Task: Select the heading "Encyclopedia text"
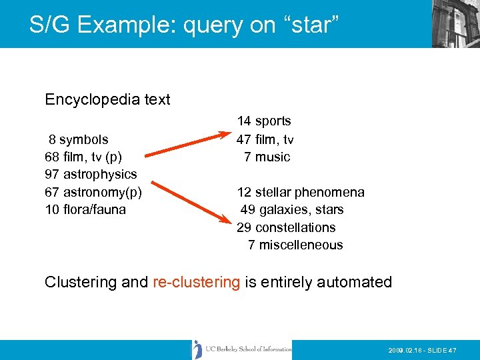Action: point(107,99)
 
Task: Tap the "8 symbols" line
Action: point(78,139)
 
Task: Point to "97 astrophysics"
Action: point(91,175)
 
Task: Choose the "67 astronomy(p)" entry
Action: point(93,193)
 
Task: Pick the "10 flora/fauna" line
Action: point(86,210)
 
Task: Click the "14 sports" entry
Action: point(264,121)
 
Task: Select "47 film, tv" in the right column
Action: point(265,139)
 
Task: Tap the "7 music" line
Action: point(267,157)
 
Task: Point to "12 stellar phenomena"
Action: point(301,193)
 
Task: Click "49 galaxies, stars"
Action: point(292,210)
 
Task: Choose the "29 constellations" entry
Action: point(286,227)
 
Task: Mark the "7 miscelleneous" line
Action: point(295,245)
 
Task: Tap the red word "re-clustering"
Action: point(196,282)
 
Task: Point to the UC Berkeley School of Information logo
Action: point(242,349)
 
